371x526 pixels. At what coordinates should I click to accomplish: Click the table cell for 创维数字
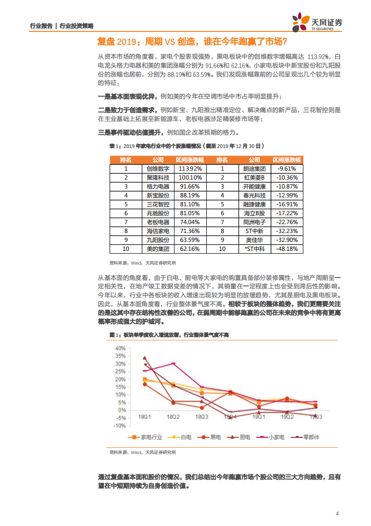(x=158, y=168)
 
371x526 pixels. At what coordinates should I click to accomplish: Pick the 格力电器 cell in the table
(x=158, y=186)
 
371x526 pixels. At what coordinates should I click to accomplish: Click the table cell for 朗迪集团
(x=255, y=168)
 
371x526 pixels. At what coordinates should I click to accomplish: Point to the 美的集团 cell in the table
(x=158, y=248)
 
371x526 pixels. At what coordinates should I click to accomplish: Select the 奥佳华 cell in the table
(x=255, y=240)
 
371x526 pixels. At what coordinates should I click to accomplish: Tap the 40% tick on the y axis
(x=120, y=348)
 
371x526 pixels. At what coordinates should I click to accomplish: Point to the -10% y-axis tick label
(x=119, y=426)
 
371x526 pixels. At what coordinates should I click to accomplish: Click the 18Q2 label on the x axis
(x=173, y=416)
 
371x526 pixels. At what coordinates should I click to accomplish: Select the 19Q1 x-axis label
(x=259, y=416)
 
